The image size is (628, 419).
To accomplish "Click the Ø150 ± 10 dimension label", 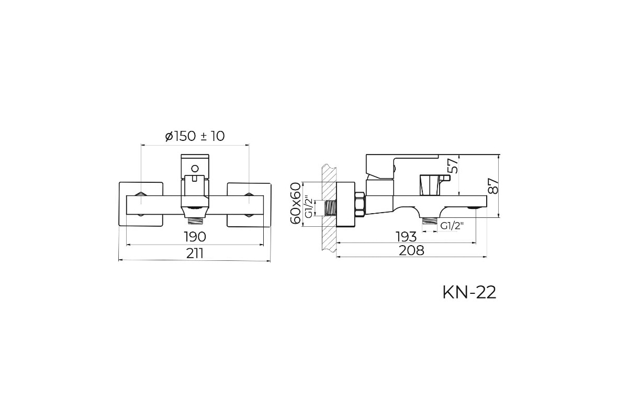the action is click(195, 136).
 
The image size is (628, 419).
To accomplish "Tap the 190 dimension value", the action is click(195, 237).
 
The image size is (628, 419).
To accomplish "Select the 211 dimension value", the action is click(195, 253).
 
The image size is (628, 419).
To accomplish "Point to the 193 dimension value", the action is click(406, 237).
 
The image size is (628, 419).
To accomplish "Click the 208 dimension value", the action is click(411, 250).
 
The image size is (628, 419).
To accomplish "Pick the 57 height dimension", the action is click(452, 166).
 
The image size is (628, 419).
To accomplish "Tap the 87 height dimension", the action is click(493, 186).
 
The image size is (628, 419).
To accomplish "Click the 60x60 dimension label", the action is click(296, 203).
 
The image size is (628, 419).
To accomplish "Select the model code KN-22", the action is click(469, 293).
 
